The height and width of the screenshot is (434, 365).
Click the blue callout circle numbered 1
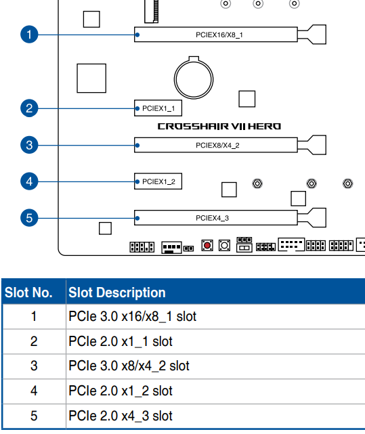pyautogui.click(x=29, y=35)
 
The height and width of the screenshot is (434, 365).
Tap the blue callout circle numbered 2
pyautogui.click(x=29, y=108)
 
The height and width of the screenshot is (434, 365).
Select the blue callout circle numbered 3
pyautogui.click(x=29, y=145)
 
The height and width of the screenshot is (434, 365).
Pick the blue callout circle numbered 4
pyautogui.click(x=29, y=181)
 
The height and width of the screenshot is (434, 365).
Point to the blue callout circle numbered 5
pyautogui.click(x=29, y=218)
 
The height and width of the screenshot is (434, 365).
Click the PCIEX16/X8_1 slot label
pyautogui.click(x=219, y=35)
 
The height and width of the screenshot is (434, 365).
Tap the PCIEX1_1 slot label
pyautogui.click(x=158, y=108)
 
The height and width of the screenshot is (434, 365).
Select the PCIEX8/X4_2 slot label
pyautogui.click(x=217, y=146)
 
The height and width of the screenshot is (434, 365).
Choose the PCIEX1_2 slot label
pyautogui.click(x=158, y=181)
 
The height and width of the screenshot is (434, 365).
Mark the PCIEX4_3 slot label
pyautogui.click(x=212, y=218)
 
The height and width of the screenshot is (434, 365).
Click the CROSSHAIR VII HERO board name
pyautogui.click(x=219, y=127)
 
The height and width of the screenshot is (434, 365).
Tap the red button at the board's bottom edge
pyautogui.click(x=207, y=245)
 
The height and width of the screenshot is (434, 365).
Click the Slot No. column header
pyautogui.click(x=28, y=292)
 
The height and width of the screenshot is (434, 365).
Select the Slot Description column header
pyautogui.click(x=117, y=292)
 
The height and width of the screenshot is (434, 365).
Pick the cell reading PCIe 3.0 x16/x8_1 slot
pyautogui.click(x=132, y=316)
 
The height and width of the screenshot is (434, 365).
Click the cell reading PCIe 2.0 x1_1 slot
pyautogui.click(x=121, y=341)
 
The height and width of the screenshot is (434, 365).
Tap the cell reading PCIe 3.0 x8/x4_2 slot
pyautogui.click(x=129, y=366)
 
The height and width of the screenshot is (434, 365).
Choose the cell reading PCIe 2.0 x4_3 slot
pyautogui.click(x=121, y=416)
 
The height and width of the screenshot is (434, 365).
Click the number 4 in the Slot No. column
pyautogui.click(x=34, y=391)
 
